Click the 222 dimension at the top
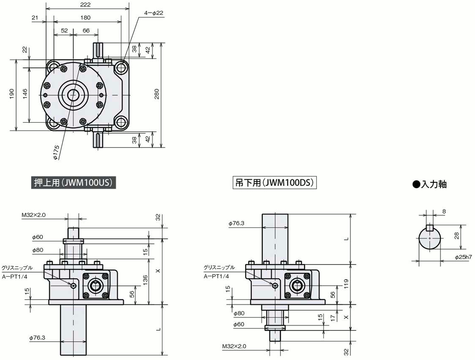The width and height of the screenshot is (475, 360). click(x=86, y=5)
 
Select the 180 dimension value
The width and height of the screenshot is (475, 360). click(x=85, y=18)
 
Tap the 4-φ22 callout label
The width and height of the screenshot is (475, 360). click(x=154, y=13)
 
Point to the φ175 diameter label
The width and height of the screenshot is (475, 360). click(x=56, y=152)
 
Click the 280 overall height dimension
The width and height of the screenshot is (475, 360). click(x=157, y=94)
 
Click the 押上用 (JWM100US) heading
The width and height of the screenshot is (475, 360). click(x=73, y=183)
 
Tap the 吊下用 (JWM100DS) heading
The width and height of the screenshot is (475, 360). click(x=275, y=183)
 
